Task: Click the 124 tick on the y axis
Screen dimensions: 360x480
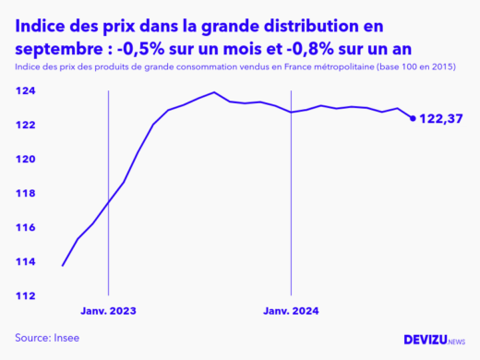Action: [25, 91]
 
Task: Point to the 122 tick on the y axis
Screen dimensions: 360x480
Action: [25, 126]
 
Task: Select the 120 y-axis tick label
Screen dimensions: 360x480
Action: [25, 160]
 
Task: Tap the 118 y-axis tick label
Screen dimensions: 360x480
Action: [25, 194]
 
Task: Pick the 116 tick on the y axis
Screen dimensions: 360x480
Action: [25, 228]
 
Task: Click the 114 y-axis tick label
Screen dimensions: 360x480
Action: [25, 262]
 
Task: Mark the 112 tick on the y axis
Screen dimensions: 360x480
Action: [25, 296]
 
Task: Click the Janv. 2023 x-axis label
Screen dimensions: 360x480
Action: [109, 311]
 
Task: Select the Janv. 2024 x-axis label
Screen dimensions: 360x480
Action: [292, 311]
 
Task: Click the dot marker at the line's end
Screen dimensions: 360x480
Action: [412, 117]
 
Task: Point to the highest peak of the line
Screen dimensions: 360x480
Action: [214, 92]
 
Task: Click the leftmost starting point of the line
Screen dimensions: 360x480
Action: [63, 266]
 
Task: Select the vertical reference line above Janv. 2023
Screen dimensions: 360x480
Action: [109, 185]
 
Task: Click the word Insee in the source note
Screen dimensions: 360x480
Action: [66, 337]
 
